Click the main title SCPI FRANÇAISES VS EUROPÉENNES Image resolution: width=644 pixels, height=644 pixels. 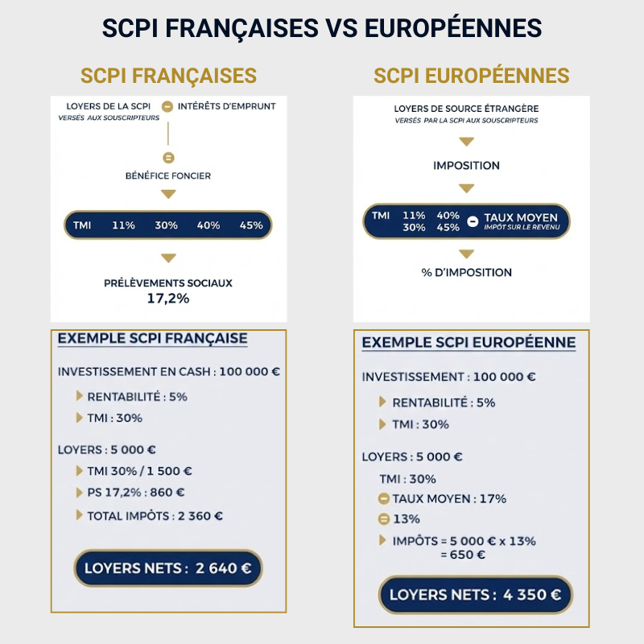322,27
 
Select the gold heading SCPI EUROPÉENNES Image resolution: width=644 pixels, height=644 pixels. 472,76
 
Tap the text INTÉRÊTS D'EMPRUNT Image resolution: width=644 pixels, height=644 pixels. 226,106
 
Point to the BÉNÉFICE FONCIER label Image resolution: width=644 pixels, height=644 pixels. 168,175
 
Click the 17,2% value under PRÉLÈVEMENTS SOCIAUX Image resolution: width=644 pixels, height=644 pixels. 168,297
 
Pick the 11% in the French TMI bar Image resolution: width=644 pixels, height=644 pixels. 123,225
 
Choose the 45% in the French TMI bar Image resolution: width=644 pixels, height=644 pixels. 251,225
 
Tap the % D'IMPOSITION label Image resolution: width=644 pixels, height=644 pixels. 466,272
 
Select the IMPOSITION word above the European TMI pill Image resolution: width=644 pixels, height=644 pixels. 466,166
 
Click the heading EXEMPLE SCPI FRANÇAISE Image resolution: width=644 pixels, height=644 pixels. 152,339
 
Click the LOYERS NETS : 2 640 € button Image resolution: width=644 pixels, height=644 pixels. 168,568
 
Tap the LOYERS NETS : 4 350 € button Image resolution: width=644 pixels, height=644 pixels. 475,595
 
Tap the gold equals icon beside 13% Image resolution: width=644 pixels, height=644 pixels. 384,519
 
